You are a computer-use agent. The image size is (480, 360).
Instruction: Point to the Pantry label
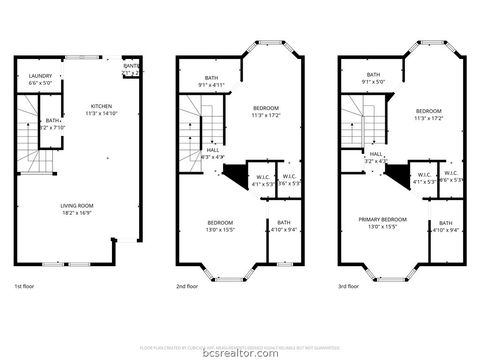click(x=130, y=69)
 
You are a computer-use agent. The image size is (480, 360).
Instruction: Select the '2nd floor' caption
click(x=188, y=286)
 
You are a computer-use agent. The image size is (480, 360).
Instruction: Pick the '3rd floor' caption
click(x=350, y=286)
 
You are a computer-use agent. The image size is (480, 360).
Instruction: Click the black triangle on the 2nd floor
click(x=234, y=176)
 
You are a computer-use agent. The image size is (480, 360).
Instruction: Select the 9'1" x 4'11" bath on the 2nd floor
click(x=211, y=81)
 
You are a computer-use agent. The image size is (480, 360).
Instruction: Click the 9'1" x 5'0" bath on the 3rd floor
click(x=372, y=78)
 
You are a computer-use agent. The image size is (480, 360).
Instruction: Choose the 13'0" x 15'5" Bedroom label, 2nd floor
click(x=220, y=225)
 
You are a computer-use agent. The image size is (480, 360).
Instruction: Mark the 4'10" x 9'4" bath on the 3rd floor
click(x=445, y=226)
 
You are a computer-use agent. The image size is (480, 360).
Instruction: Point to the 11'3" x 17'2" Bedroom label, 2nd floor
click(x=266, y=111)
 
